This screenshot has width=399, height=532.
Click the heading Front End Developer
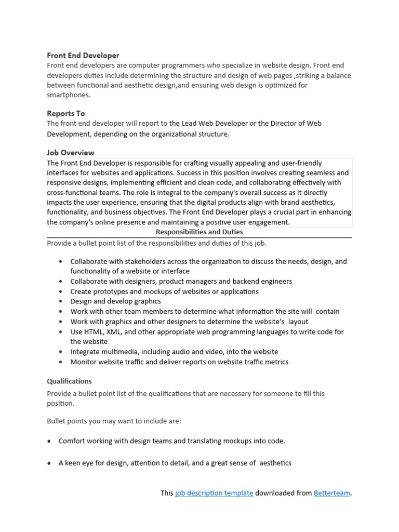pos(83,55)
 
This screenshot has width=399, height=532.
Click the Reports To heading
pos(66,113)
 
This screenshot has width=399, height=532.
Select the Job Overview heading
pos(71,153)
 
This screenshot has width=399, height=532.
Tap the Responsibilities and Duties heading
pos(199,232)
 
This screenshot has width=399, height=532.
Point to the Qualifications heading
pos(69,381)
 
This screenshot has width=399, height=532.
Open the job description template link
pos(214,493)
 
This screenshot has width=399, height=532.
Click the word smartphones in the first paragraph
pos(68,95)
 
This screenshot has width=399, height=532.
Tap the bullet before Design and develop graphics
pos(62,301)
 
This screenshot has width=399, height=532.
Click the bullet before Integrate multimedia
pos(62,352)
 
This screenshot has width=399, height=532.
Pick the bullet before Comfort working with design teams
pos(49,441)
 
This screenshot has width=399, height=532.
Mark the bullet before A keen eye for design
pos(49,463)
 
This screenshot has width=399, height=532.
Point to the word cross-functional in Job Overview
pos(72,192)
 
